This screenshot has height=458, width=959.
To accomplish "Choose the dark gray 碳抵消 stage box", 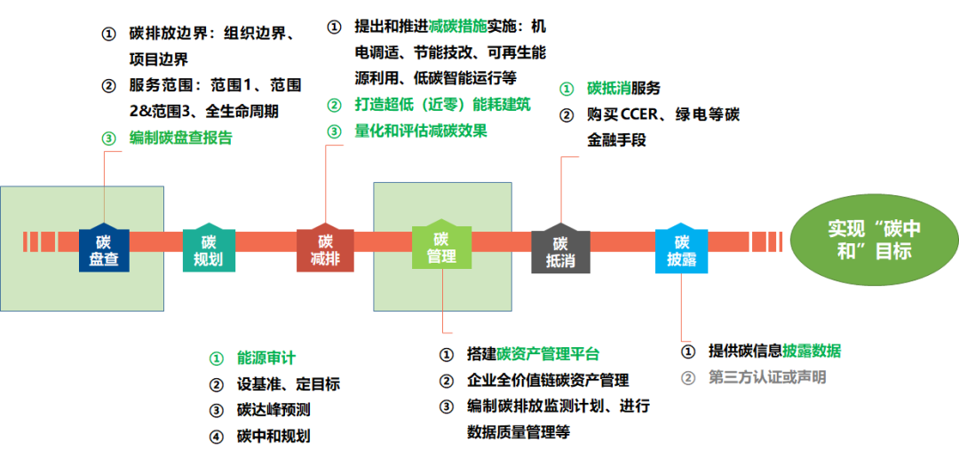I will (560, 250).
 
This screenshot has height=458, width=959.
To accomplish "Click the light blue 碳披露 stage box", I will (681, 250).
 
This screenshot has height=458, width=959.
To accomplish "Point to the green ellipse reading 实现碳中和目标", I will (875, 240).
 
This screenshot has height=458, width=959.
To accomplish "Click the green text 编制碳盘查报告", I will (181, 138).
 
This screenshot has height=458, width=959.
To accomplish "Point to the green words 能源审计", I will (266, 358).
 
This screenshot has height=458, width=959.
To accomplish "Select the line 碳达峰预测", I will (273, 410).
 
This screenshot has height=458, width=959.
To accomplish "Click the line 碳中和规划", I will (273, 436).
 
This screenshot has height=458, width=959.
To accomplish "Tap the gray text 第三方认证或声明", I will (766, 377).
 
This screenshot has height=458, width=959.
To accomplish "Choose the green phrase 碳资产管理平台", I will (547, 354).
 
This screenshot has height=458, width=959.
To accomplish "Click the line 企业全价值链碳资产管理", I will (547, 380).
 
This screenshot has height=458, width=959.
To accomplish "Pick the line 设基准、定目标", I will (288, 384).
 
